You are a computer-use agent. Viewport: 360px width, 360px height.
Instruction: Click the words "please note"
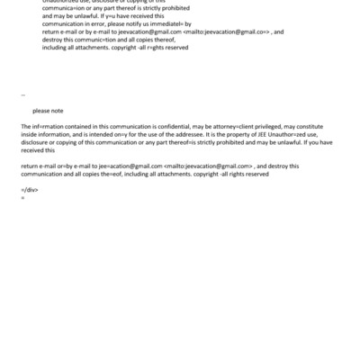pyautogui.click(x=48, y=111)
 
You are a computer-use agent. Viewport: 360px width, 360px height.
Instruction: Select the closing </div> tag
pyautogui.click(x=29, y=190)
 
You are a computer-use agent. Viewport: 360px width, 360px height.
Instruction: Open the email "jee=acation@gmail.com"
pyautogui.click(x=131, y=166)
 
